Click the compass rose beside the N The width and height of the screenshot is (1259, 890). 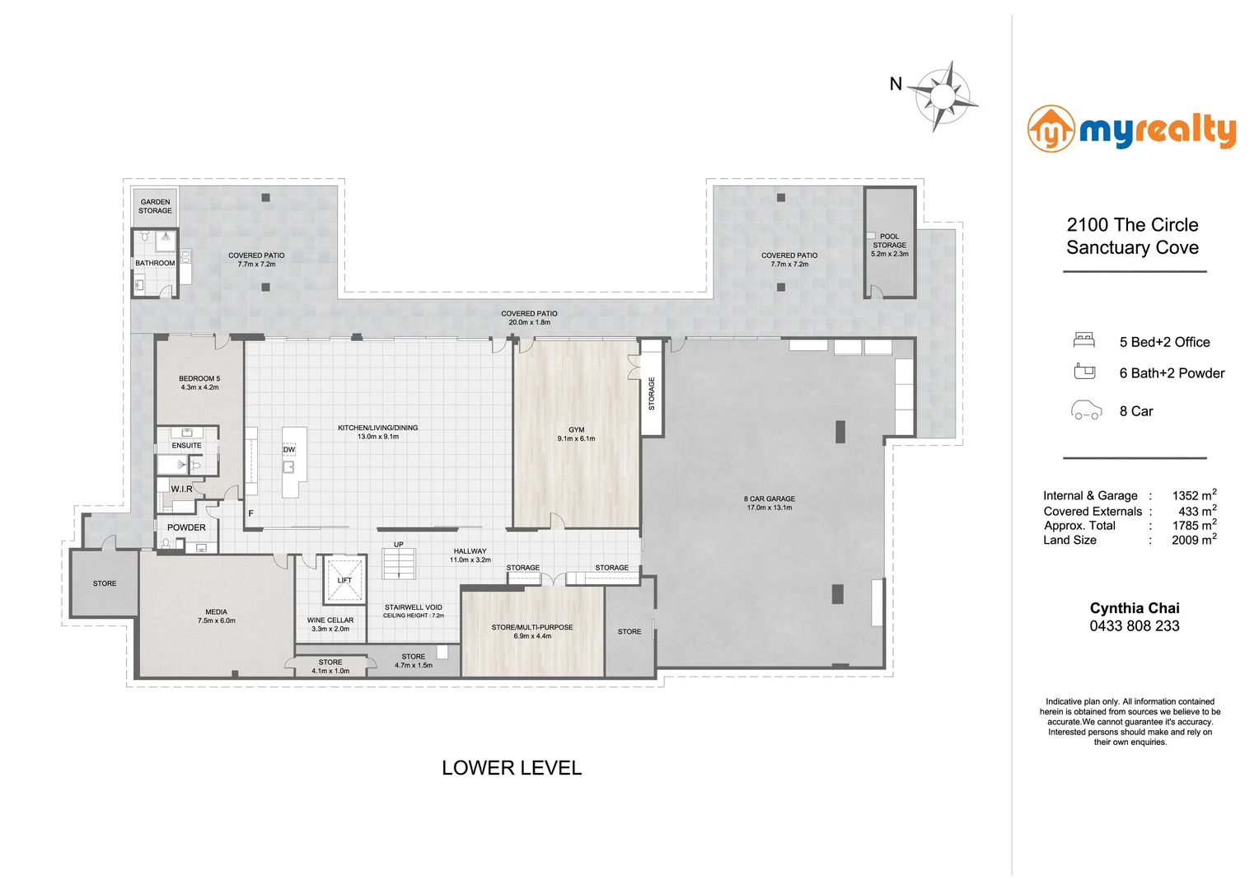[x=943, y=96]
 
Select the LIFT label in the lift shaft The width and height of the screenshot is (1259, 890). [x=344, y=580]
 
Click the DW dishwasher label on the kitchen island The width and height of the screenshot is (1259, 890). [x=289, y=450]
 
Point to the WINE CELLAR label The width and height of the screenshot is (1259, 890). [x=330, y=621]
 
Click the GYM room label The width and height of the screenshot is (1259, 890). [x=576, y=430]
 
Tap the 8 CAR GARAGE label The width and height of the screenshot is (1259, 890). [x=770, y=499]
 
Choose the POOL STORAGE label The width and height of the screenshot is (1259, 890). [x=890, y=241]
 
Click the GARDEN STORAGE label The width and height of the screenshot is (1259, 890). [x=155, y=206]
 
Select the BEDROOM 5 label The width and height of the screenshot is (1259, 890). [x=199, y=378]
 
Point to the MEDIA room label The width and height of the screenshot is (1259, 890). [x=217, y=611]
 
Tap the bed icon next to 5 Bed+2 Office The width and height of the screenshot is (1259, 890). [x=1084, y=340]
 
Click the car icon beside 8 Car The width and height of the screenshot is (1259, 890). [x=1086, y=410]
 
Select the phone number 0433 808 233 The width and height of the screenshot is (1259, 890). [x=1135, y=625]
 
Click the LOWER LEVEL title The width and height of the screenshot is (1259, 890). [x=512, y=768]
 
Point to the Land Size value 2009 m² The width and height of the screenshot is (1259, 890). [x=1195, y=539]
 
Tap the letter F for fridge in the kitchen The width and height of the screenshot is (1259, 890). [x=250, y=513]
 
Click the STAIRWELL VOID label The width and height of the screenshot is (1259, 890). [x=413, y=607]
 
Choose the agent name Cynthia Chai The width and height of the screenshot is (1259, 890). [x=1135, y=608]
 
